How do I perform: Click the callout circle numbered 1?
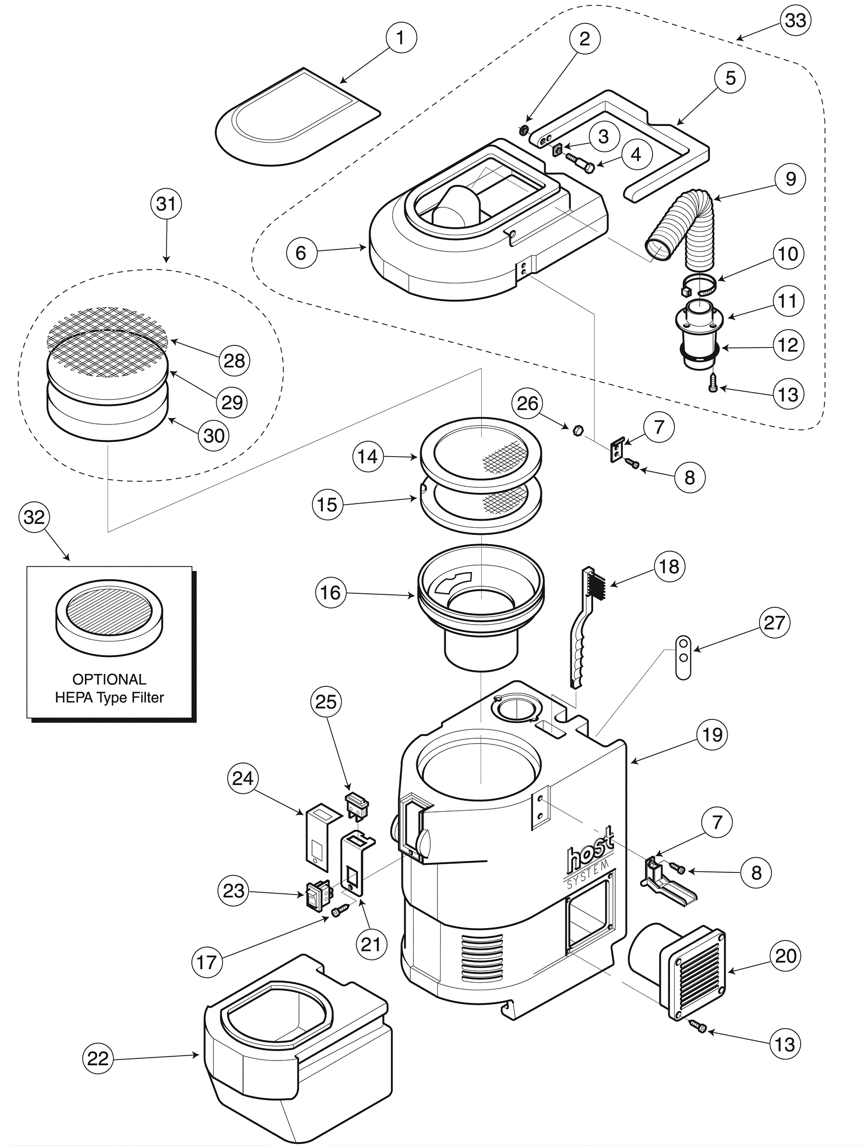[x=400, y=38]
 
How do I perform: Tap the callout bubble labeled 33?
[x=796, y=21]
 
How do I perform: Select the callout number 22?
[x=98, y=1058]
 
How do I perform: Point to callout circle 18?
[x=669, y=566]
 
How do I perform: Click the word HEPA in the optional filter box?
[x=72, y=698]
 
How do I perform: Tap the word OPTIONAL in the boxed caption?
[x=109, y=679]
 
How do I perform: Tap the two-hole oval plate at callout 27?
[x=683, y=657]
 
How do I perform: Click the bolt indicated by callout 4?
[x=580, y=162]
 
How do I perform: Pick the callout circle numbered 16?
[x=330, y=593]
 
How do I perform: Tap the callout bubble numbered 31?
[x=166, y=204]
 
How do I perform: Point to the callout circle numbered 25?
[x=326, y=702]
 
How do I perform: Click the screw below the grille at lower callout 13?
[x=697, y=1025]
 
